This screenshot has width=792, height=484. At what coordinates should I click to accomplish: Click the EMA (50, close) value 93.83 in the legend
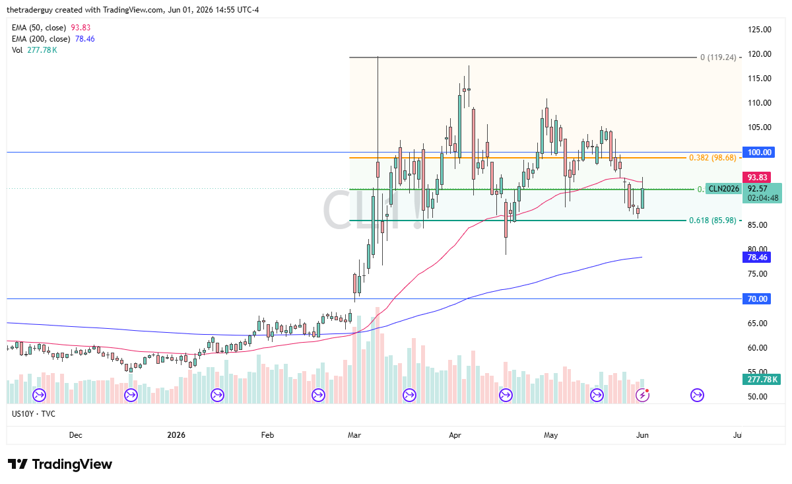coord(81,28)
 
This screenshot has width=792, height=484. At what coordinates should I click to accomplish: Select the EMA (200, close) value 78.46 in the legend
coord(85,39)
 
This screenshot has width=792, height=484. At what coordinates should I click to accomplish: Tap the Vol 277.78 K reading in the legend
coord(42,50)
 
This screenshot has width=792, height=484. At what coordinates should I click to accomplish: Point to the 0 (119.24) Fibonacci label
coord(718,57)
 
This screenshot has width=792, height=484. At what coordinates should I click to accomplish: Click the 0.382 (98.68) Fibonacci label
coord(712,158)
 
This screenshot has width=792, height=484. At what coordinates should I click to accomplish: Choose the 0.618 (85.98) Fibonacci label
coord(712,221)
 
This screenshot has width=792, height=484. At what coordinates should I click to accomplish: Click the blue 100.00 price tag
coord(759,153)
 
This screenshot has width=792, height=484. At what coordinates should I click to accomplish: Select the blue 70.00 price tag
coord(756,299)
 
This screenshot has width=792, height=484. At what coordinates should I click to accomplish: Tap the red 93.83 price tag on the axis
coord(756,177)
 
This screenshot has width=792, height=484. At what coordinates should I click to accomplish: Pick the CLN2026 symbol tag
coord(723,189)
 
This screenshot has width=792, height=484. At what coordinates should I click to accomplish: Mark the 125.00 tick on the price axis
coord(760,30)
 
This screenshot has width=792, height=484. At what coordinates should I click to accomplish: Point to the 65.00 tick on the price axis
coord(758,324)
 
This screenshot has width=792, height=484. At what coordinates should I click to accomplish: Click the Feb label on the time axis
coord(267,435)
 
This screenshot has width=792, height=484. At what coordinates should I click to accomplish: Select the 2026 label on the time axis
coord(176,435)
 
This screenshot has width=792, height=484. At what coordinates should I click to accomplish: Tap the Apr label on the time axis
coord(455,435)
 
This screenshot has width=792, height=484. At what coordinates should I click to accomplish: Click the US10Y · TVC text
coord(34,414)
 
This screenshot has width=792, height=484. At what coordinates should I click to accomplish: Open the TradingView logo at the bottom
coord(60,464)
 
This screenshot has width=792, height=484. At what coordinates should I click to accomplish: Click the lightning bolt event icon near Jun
coord(642,396)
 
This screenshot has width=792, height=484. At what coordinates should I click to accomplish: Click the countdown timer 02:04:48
coord(763,198)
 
